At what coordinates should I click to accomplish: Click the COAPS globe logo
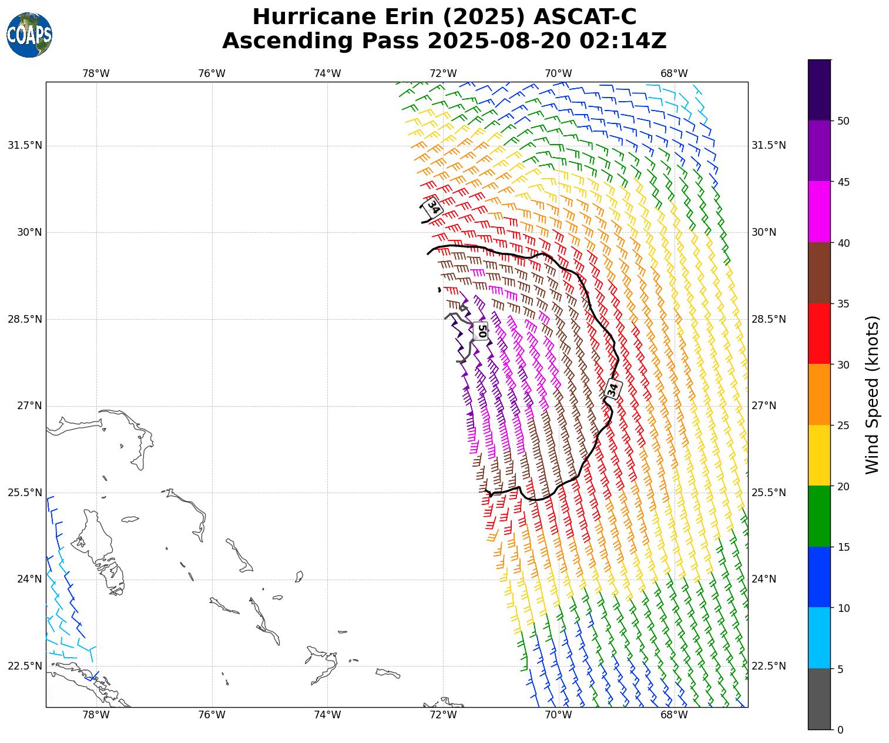pos(29,35)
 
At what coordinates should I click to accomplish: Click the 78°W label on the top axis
pos(96,73)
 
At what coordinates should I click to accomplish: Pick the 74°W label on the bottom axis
pos(327,715)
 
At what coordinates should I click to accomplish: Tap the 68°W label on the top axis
pos(674,73)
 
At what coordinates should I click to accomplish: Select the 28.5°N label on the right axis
pos(769,319)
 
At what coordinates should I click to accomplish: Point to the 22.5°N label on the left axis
pos(25,666)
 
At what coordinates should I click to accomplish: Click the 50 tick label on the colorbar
pos(843,121)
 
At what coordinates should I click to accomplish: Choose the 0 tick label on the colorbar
pos(840,730)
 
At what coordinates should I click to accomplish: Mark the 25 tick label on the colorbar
pos(843,426)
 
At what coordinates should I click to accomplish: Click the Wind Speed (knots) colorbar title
pos(873,394)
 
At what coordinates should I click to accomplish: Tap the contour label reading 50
pos(481,330)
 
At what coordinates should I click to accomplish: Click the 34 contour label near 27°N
pos(613,389)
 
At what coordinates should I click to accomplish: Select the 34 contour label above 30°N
pos(434,207)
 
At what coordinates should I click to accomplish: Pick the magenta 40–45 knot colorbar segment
pos(819,212)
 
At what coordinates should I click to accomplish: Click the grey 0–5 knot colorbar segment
pos(819,699)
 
